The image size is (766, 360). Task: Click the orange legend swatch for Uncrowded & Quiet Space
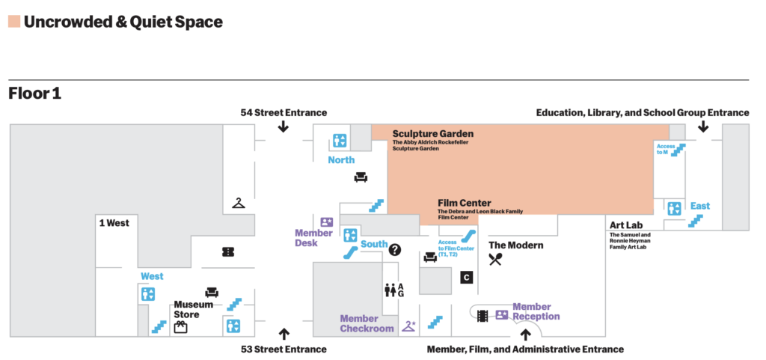14,22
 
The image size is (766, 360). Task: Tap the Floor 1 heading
34,94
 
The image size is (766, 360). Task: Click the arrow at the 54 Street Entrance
283,126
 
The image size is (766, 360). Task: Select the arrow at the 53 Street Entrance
284,334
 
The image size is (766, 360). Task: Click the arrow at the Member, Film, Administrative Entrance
525,335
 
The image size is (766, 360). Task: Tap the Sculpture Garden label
433,133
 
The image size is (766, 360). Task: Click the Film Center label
465,203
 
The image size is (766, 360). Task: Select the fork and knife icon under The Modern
495,260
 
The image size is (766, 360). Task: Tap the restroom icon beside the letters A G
390,290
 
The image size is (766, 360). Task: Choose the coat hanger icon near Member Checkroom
408,326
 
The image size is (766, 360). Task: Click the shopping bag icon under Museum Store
180,326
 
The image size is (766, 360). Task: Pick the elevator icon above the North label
340,140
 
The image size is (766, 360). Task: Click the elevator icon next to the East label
675,208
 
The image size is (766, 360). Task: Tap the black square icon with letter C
466,278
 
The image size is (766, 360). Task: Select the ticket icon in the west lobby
229,252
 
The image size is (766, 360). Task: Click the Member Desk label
313,238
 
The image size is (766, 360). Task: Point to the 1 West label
114,222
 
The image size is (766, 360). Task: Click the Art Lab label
627,225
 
